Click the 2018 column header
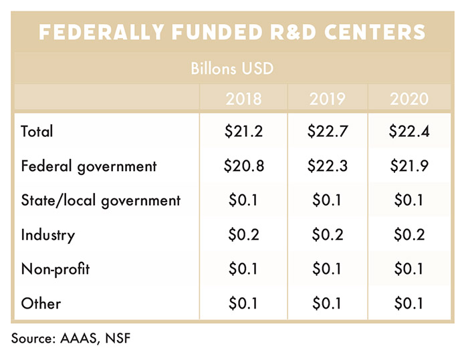point(244,100)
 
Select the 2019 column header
point(327,100)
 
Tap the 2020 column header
point(409,100)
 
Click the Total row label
point(37,132)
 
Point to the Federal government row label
point(88,166)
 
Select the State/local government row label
point(101,200)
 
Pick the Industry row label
point(48,235)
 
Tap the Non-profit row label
point(55,269)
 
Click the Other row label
point(41,303)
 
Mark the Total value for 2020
point(408,132)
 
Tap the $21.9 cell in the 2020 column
point(408,166)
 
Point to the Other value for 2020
point(408,303)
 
